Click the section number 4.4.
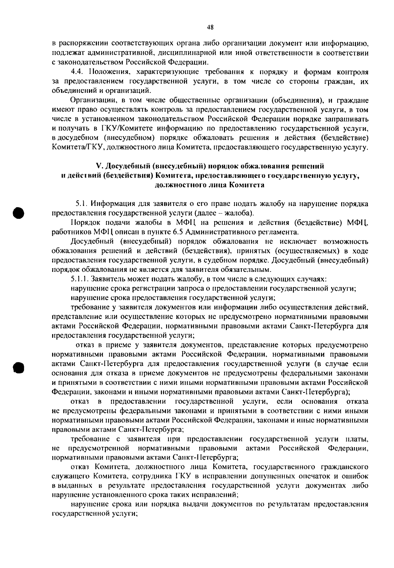tap(77, 71)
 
